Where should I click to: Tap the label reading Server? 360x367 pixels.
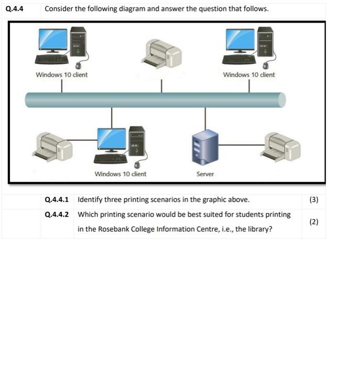tap(205, 174)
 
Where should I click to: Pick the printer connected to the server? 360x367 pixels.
tap(280, 147)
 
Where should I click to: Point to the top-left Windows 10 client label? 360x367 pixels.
tap(61, 75)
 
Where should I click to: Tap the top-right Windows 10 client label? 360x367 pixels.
tap(249, 75)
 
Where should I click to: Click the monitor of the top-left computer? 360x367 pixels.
tap(53, 40)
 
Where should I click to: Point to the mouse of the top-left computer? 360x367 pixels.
tap(79, 66)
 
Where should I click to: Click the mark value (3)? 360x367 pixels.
tap(313, 200)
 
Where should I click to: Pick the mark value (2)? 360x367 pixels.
tap(313, 222)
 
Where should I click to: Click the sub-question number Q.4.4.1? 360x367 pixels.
tap(57, 200)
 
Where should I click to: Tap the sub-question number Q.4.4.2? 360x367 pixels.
tap(57, 214)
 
